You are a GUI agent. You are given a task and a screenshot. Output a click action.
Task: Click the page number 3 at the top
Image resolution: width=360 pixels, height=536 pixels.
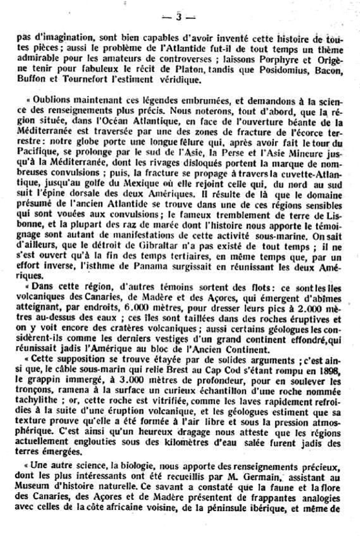(179, 16)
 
